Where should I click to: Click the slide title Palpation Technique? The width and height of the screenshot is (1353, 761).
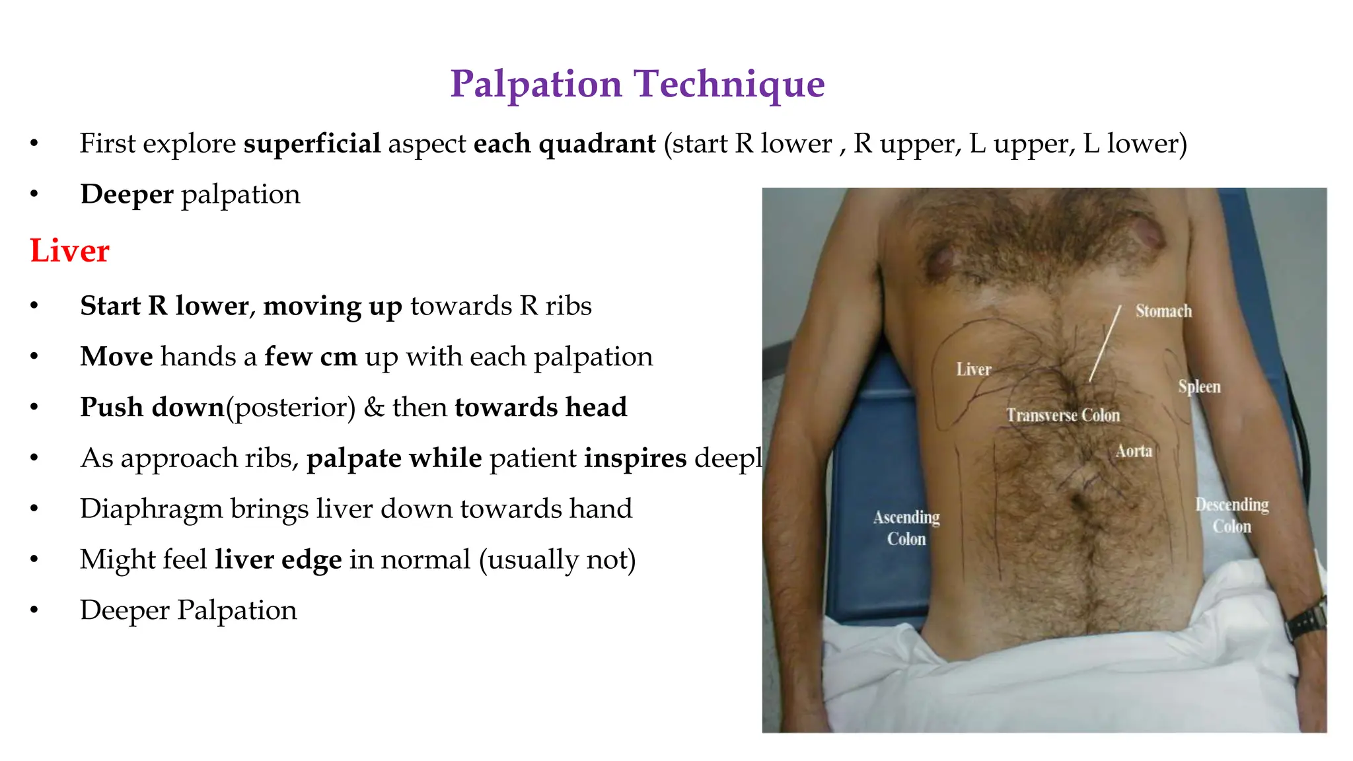pos(637,84)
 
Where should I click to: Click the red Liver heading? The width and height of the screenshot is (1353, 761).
pos(69,251)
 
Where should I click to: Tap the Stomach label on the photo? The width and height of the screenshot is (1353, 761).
pos(1163,311)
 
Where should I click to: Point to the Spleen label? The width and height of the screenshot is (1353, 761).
pos(1199,386)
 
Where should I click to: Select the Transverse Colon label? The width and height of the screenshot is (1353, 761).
pos(1063,416)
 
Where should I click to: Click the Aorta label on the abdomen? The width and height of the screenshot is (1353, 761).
pos(1134,451)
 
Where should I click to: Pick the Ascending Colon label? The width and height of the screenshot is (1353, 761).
pos(906,528)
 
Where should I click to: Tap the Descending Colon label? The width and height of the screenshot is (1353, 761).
pos(1231,515)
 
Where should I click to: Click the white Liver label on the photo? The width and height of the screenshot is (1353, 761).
pos(974,369)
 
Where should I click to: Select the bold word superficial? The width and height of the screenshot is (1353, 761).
pos(312,144)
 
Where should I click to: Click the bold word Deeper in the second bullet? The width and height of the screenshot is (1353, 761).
pos(127,195)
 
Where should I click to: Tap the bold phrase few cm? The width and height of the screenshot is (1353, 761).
pos(311,357)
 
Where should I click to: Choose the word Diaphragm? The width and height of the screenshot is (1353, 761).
pos(151,509)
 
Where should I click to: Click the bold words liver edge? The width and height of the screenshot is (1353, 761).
pos(278,560)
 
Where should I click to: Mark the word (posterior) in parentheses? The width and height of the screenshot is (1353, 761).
pos(291,408)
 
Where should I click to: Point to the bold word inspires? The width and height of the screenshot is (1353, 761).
pos(635,458)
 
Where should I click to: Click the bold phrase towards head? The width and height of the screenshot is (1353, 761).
pos(540,408)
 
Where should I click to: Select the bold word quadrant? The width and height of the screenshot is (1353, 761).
pos(597,144)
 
